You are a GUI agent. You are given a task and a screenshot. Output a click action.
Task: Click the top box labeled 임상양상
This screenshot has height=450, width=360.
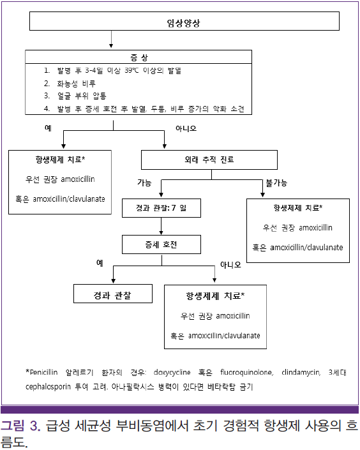click(184, 21)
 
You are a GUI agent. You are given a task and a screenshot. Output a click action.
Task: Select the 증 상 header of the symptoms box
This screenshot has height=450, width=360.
click(139, 57)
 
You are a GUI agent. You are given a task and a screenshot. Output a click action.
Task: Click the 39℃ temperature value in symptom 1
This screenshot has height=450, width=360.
click(131, 70)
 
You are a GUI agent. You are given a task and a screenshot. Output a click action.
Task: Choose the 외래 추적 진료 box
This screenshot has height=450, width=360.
click(209, 160)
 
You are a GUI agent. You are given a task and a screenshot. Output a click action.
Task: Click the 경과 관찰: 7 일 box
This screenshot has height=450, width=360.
click(161, 208)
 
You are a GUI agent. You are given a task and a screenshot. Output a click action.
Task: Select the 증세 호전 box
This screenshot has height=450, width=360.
click(161, 244)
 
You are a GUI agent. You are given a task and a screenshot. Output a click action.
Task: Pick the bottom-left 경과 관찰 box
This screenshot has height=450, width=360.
click(113, 294)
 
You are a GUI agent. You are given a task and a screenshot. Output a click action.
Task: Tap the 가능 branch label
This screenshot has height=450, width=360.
click(144, 183)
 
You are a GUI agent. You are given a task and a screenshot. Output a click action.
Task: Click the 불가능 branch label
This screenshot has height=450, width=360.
click(276, 183)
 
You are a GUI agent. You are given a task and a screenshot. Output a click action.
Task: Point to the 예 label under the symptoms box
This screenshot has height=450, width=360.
click(48, 128)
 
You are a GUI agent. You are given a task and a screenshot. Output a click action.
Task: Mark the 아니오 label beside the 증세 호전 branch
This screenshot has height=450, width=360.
click(230, 264)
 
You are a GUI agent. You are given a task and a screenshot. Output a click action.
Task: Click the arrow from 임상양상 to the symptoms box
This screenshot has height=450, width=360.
click(111, 39)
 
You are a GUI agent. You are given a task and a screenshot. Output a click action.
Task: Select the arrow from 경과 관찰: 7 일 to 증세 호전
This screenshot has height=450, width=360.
click(161, 226)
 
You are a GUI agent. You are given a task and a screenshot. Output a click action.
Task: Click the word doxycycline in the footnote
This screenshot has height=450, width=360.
click(172, 373)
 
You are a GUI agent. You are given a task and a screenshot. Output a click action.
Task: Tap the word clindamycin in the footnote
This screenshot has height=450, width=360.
click(301, 373)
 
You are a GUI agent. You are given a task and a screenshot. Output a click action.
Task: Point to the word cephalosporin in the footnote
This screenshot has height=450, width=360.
click(48, 387)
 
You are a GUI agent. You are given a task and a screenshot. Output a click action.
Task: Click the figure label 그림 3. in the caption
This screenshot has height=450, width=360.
click(20, 425)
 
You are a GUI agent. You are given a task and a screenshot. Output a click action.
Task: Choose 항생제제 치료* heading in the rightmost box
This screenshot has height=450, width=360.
click(298, 207)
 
